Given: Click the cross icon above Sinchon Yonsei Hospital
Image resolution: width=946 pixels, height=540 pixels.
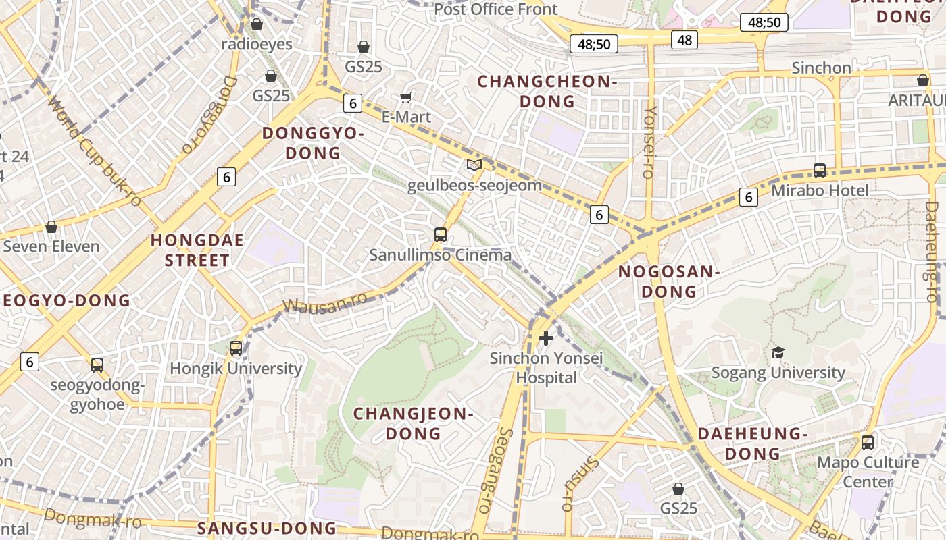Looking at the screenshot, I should click(x=546, y=337).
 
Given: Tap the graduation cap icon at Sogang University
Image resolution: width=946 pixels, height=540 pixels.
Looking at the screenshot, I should click(x=778, y=352).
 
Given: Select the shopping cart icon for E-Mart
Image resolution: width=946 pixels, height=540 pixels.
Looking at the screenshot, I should click(x=406, y=97).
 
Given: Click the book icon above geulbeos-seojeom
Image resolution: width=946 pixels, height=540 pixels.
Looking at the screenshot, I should click(x=474, y=165).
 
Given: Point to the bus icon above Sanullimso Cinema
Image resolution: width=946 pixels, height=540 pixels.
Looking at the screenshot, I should click(x=441, y=235).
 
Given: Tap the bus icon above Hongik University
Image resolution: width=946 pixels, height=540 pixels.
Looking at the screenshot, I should click(x=235, y=348).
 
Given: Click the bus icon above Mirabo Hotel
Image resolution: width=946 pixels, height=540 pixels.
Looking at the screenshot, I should click(x=820, y=170).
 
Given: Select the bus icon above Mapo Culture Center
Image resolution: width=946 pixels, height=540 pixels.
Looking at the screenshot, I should click(x=868, y=443).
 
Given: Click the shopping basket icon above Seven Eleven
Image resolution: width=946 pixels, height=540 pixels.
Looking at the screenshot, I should click(x=51, y=226).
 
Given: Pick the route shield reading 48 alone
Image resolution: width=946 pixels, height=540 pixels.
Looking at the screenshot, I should click(x=684, y=40).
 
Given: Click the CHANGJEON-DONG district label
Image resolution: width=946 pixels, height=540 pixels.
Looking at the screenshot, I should click(x=414, y=423).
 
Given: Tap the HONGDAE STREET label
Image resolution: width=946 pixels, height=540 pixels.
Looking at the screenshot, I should click(x=197, y=250).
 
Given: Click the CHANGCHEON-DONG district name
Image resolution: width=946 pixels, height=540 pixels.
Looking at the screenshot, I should click(x=547, y=91).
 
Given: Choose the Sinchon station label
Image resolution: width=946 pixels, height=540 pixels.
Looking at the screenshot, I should click(x=821, y=67).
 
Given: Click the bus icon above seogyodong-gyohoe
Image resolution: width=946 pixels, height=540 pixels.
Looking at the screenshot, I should click(x=97, y=365).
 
